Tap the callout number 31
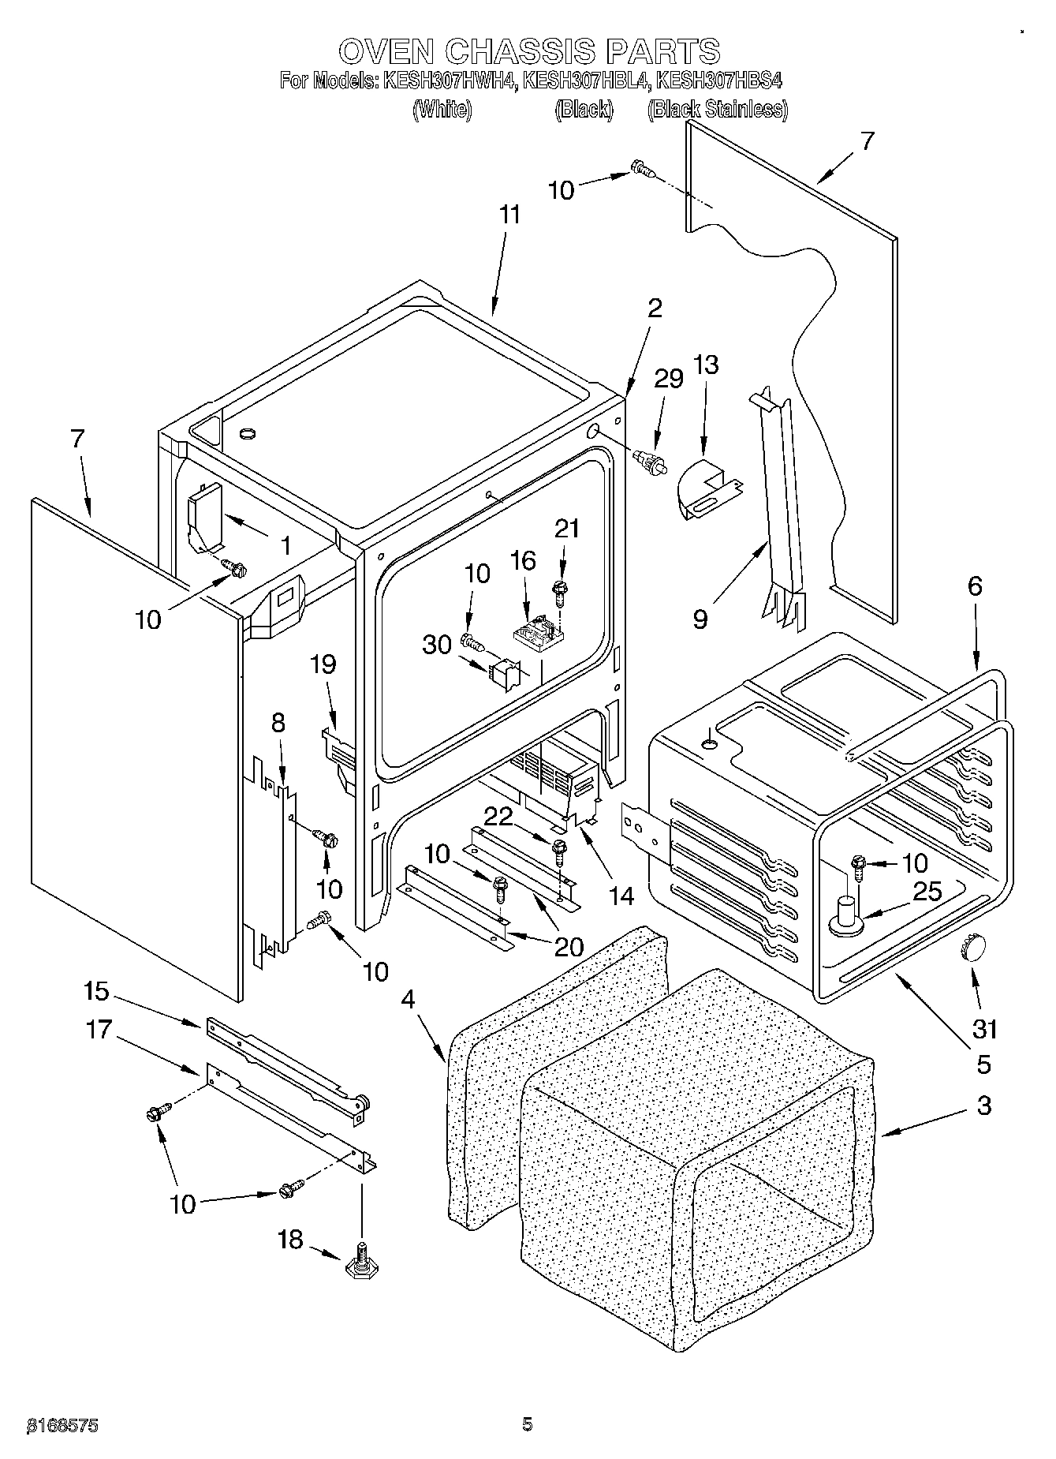point(985,1029)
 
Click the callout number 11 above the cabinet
point(510,214)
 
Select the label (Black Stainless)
point(717,110)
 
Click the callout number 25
point(927,891)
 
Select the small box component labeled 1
point(203,517)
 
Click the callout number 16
point(522,560)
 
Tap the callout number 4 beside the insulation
point(407,999)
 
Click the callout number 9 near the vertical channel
point(700,619)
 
